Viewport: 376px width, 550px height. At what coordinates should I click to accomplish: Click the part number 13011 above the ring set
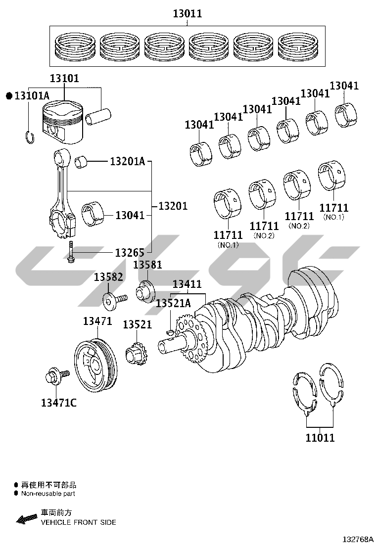(x=188, y=14)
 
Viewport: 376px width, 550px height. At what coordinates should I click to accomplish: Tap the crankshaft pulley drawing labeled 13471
(x=96, y=364)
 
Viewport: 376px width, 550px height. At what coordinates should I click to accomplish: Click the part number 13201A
(x=127, y=161)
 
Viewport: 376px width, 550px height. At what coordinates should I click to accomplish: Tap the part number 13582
(x=108, y=277)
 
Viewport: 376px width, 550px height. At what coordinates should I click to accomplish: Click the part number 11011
(x=320, y=437)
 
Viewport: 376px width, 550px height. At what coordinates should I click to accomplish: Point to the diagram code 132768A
(x=358, y=539)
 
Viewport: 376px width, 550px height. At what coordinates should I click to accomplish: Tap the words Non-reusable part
(x=48, y=494)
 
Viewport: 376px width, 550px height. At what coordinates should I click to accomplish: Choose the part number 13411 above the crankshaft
(x=187, y=284)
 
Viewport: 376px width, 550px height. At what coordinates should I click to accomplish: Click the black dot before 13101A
(x=9, y=96)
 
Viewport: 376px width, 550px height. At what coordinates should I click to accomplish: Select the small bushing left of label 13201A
(x=82, y=161)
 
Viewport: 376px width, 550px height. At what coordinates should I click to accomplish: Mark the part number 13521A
(x=173, y=303)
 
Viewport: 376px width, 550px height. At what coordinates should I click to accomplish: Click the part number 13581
(x=147, y=265)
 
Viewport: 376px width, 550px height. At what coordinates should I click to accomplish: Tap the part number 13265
(x=130, y=252)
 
